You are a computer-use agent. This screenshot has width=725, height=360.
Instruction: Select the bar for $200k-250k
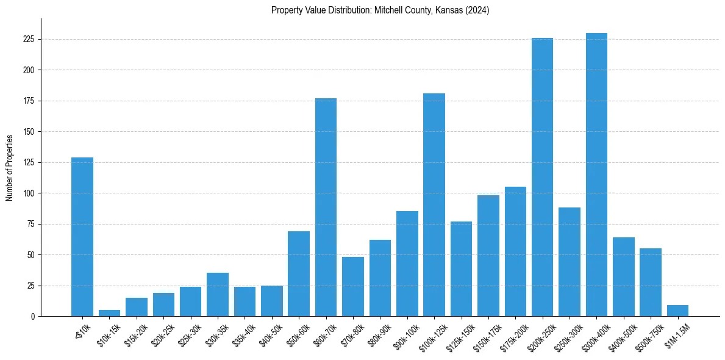click(542, 177)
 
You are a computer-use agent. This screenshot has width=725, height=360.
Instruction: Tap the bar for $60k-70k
click(326, 207)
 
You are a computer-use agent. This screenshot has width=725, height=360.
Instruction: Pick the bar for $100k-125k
click(434, 205)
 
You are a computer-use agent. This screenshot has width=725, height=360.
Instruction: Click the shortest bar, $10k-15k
click(109, 313)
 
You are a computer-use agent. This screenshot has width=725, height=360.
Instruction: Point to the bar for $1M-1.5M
click(677, 311)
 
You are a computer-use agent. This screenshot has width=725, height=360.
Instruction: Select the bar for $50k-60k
click(299, 274)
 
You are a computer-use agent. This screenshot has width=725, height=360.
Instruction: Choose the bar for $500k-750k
click(651, 283)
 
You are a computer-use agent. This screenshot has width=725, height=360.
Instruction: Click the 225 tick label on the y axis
click(28, 39)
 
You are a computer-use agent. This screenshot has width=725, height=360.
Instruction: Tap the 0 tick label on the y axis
click(32, 317)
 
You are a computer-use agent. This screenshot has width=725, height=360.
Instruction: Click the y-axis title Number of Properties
click(10, 167)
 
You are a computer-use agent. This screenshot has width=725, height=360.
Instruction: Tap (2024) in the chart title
click(477, 10)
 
